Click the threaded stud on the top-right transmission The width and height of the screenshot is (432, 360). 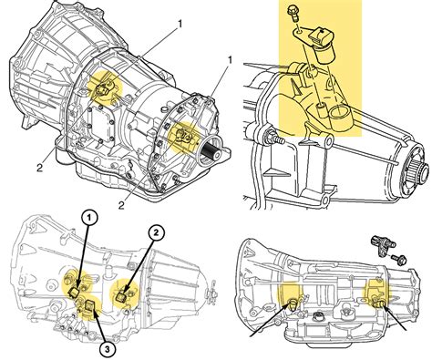[x=270, y=138]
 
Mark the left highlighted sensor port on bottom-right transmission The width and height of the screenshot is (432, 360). [x=293, y=303]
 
